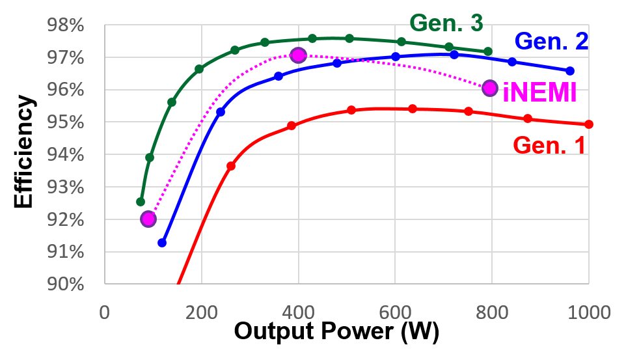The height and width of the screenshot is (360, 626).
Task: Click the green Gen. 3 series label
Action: tap(446, 23)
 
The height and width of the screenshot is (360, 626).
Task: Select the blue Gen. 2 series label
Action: tap(551, 41)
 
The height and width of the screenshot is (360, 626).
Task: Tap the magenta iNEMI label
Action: tap(539, 93)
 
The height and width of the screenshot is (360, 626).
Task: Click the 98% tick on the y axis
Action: tap(66, 26)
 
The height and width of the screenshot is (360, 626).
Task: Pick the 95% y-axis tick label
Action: tap(66, 123)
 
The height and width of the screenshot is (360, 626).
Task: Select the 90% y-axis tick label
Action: tap(66, 284)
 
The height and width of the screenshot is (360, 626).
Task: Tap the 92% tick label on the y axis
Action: tap(66, 220)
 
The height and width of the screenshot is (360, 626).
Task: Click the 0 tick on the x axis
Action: tap(105, 312)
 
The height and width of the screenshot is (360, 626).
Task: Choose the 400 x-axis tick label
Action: tap(298, 312)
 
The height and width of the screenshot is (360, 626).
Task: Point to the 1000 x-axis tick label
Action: tap(588, 312)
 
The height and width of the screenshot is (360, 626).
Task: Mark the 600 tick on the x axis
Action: tap(395, 312)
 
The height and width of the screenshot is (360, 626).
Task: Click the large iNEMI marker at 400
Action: tap(298, 55)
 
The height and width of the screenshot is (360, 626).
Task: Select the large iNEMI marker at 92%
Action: tap(148, 219)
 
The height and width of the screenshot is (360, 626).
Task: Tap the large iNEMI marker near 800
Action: tap(490, 88)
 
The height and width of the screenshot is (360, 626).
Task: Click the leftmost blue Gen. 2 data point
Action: tap(162, 243)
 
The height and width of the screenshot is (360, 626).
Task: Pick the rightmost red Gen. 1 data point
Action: tap(589, 124)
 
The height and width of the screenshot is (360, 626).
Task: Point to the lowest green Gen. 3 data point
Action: tap(141, 202)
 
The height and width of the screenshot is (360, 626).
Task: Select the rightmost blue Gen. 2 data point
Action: tap(570, 70)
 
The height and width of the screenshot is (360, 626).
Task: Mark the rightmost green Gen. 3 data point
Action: tap(487, 51)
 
